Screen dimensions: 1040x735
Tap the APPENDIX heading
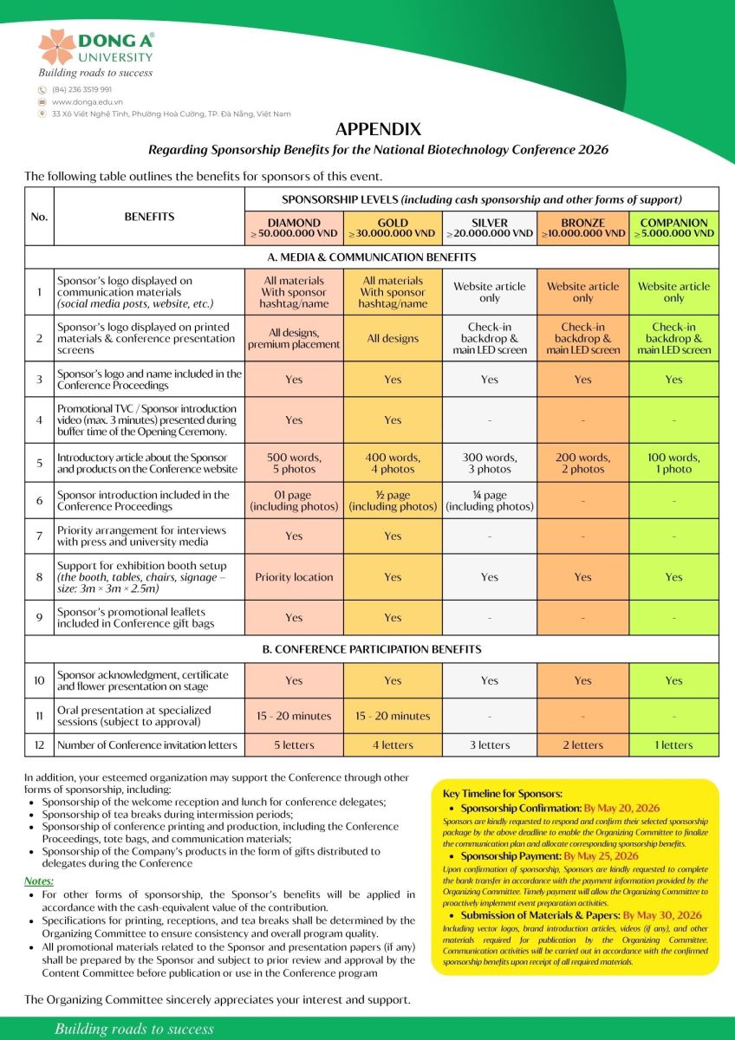tap(378, 130)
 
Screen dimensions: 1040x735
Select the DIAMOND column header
tap(294, 228)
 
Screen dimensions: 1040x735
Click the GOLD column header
tap(393, 228)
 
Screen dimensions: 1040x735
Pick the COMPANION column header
tap(673, 228)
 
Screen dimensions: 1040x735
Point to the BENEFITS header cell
tap(149, 217)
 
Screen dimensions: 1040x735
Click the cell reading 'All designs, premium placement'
tap(294, 339)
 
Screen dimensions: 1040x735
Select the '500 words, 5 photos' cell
tap(294, 464)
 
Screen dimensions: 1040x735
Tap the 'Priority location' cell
tap(294, 577)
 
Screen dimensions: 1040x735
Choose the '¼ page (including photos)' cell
tap(490, 500)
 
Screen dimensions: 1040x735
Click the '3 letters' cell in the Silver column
tap(490, 745)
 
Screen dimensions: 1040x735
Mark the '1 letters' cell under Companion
tap(673, 745)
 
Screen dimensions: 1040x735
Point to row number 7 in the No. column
tap(39, 536)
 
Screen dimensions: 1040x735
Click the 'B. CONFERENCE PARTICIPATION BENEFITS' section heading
tap(372, 649)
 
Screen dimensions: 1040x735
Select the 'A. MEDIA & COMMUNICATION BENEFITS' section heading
tap(372, 257)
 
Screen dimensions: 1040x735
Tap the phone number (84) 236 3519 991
tap(81, 89)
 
